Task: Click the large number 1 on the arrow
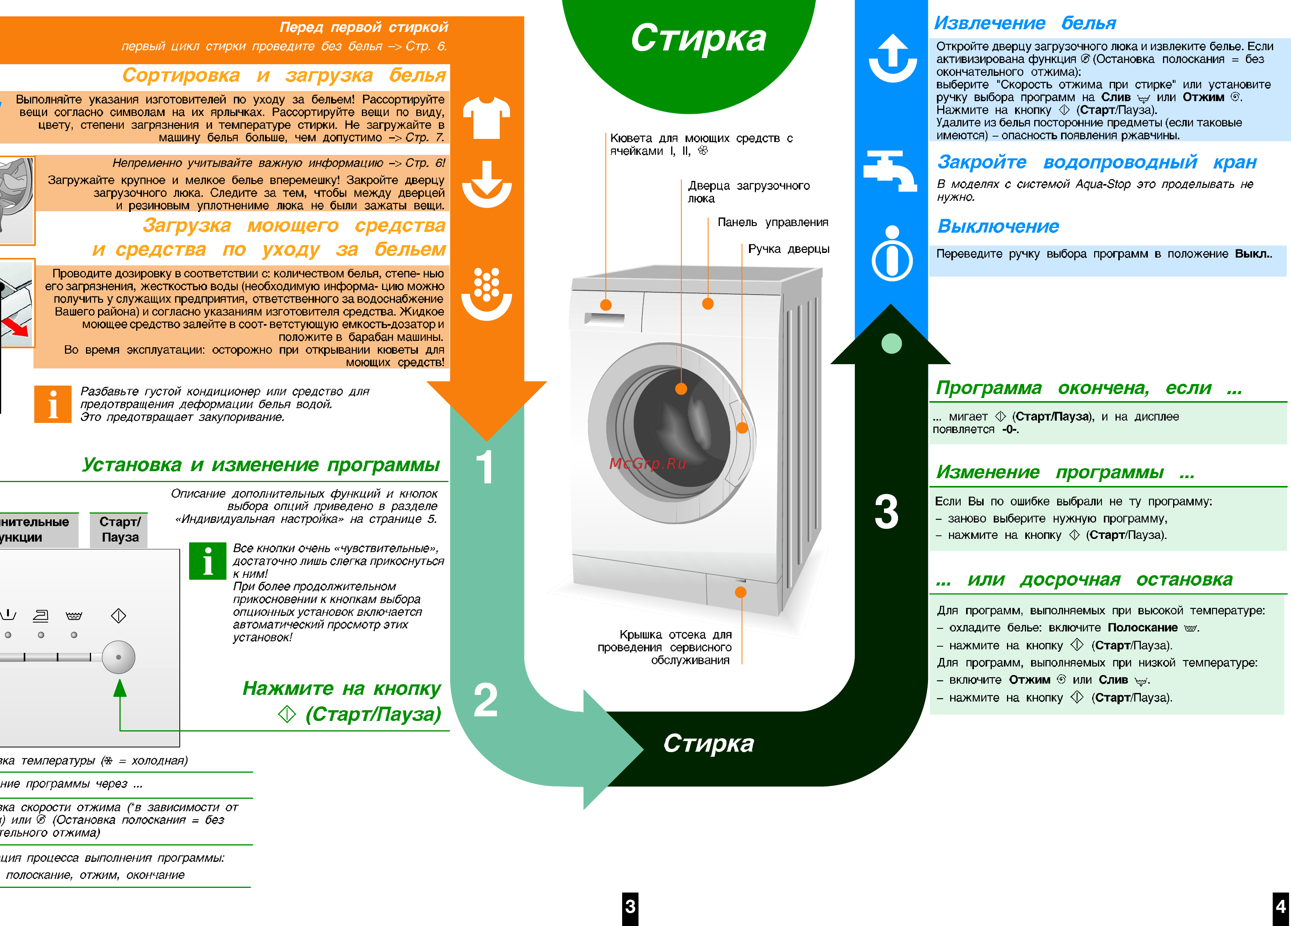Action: (x=484, y=467)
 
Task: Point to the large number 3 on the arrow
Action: (x=886, y=512)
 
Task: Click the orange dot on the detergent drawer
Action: (x=606, y=305)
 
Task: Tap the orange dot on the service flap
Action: (x=740, y=592)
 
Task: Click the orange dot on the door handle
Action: (x=742, y=428)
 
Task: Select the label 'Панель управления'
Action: (x=772, y=223)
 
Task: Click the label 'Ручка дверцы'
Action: (x=788, y=249)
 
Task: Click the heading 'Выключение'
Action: (x=998, y=226)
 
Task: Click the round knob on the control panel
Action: (x=118, y=658)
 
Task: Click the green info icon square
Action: (x=208, y=561)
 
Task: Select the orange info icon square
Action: (x=53, y=404)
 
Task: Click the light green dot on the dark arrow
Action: (x=891, y=343)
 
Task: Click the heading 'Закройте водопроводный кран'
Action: (x=1096, y=162)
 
